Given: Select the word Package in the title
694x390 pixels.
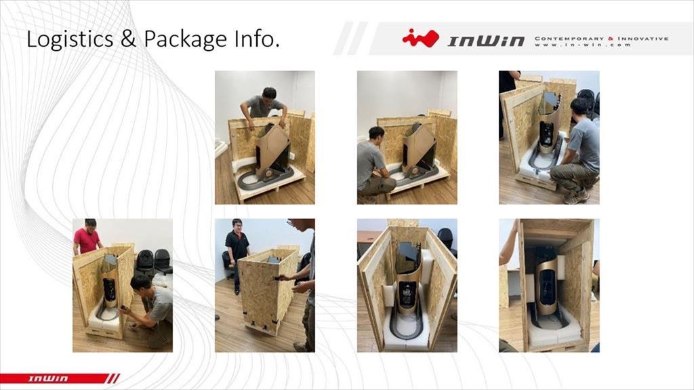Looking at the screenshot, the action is (185, 40).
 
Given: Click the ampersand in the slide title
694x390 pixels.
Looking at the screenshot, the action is (128, 39).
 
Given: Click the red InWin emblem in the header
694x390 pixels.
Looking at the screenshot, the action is (420, 38).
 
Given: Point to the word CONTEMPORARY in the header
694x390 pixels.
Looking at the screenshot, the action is (569, 39).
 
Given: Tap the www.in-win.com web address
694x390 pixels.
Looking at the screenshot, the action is (582, 45).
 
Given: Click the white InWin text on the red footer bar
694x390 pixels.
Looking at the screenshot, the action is (48, 378).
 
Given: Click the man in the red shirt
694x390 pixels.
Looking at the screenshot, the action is (87, 237).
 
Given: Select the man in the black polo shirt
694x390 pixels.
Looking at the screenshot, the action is (237, 252).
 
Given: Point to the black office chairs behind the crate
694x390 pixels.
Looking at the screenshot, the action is (154, 262).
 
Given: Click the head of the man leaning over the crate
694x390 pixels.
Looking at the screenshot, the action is (268, 94).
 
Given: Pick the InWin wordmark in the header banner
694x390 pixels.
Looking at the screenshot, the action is (486, 41).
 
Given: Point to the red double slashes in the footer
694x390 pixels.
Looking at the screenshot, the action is (114, 378).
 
